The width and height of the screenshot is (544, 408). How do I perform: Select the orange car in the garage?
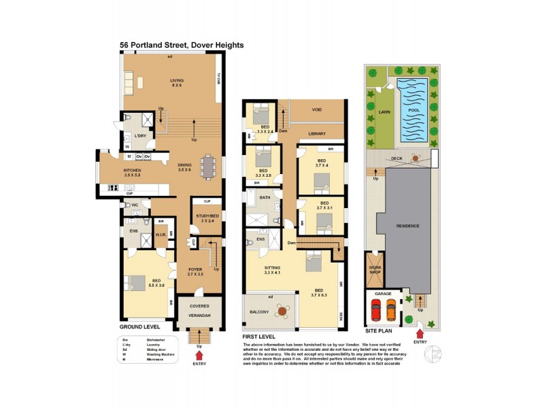pyautogui.click(x=390, y=311)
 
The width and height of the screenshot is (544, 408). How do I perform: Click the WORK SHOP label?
pyautogui.click(x=375, y=269)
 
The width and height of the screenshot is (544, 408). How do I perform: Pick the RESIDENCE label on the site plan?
pyautogui.click(x=408, y=226)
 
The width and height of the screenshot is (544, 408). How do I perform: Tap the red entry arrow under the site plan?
pyautogui.click(x=420, y=333)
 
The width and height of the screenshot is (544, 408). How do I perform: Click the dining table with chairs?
pyautogui.click(x=207, y=166)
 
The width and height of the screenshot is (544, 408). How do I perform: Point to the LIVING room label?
pyautogui.click(x=177, y=82)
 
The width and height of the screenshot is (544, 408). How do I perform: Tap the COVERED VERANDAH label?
pyautogui.click(x=200, y=311)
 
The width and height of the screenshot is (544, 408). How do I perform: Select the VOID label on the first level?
pyautogui.click(x=317, y=109)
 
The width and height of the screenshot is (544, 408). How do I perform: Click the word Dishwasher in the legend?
pyautogui.click(x=157, y=338)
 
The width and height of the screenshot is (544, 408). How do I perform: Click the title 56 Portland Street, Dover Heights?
pyautogui.click(x=182, y=46)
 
